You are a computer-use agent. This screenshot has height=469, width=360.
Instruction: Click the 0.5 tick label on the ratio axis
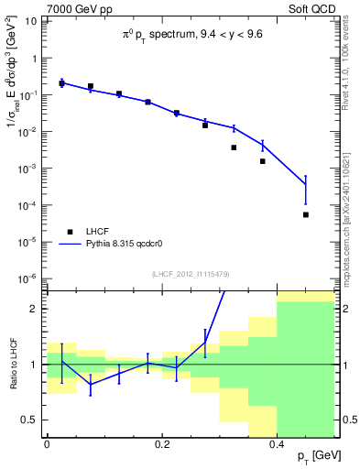32,420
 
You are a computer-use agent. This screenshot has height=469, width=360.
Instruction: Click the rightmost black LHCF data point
306,214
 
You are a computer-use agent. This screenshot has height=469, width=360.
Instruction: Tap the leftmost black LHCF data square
61,83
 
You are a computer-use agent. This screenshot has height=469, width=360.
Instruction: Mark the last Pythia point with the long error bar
306,184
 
